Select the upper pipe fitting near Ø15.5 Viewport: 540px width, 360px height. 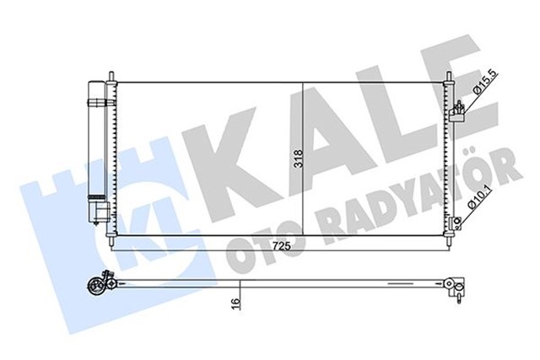pyautogui.click(x=457, y=108)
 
